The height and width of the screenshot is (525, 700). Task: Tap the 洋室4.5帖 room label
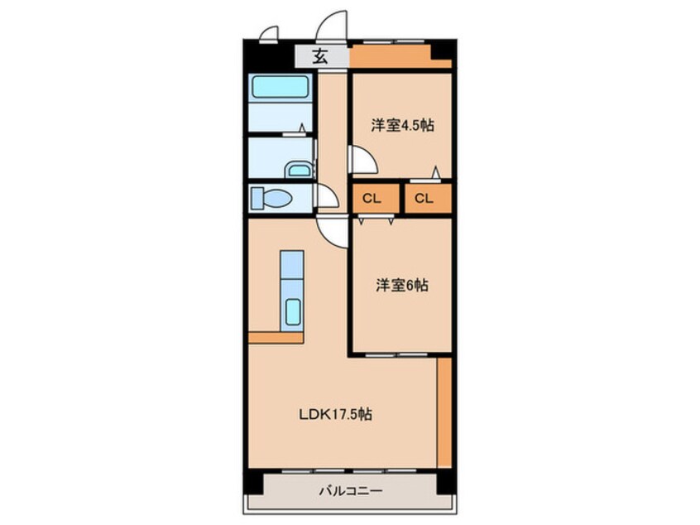click(x=402, y=126)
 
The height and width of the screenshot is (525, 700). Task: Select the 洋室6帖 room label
click(x=402, y=286)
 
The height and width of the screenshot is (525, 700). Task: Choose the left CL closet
click(x=371, y=198)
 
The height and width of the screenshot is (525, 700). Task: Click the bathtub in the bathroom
click(x=280, y=88)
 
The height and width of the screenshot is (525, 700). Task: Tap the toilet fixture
click(x=271, y=199)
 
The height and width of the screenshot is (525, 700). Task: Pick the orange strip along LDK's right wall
click(x=444, y=411)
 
